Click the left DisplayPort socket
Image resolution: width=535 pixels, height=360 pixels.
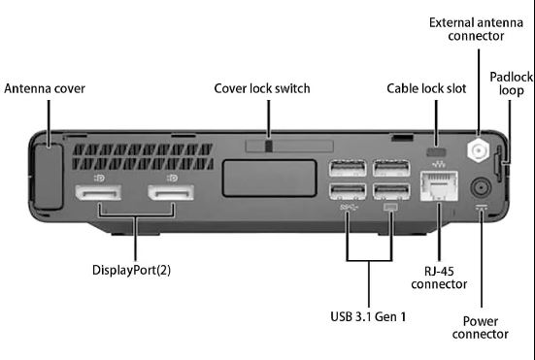pos(98,192)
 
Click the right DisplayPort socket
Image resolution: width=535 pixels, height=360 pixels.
pos(171,192)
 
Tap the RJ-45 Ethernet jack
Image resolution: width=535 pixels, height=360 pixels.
pos(439,185)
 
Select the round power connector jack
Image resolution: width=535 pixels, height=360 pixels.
pos(481,188)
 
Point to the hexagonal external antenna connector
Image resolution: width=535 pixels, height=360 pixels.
pos(479,150)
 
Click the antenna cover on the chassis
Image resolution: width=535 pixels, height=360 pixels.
pos(49,177)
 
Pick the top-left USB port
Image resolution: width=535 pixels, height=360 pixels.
pos(348,169)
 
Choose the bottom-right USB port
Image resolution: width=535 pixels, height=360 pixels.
pos(391,191)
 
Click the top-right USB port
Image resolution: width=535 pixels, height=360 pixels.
pos(391,169)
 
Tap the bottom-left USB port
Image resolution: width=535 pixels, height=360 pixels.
pos(348,191)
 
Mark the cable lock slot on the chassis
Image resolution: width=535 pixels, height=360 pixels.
pos(436,151)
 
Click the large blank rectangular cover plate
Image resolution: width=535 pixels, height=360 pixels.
pos(269,179)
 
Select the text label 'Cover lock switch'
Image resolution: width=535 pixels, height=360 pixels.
pos(262,88)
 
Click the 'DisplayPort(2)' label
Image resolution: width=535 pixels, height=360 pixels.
pos(131,270)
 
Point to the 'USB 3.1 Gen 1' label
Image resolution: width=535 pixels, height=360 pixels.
pos(368,316)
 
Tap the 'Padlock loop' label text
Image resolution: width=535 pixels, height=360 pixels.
pos(511,83)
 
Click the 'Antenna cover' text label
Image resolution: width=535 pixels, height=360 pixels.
pos(45,88)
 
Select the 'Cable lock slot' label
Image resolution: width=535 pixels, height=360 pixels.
pos(426,88)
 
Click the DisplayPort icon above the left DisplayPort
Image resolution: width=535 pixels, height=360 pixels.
pos(99,178)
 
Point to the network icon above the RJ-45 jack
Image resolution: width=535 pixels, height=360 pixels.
pos(439,165)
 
